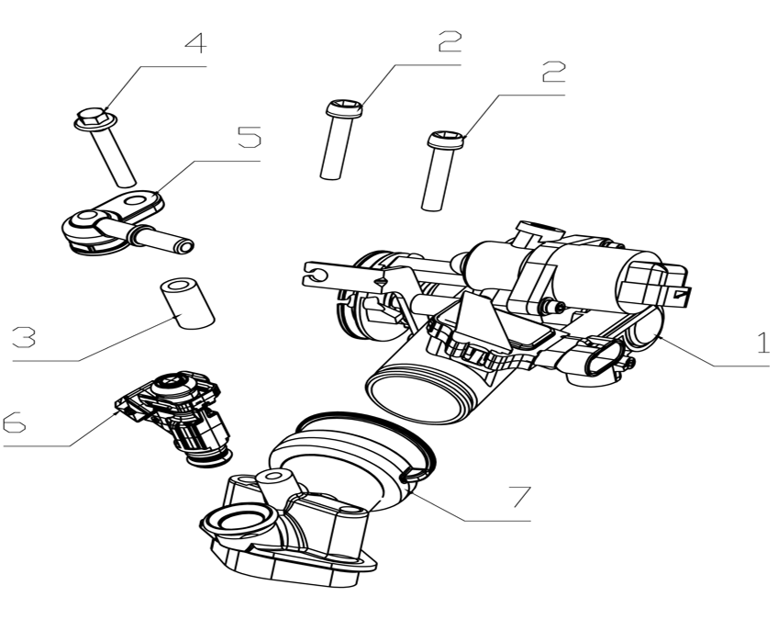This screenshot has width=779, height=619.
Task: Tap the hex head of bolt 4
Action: (89, 118)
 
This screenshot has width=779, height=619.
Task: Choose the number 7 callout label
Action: (519, 496)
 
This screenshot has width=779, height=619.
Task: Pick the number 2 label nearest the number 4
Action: (450, 41)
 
